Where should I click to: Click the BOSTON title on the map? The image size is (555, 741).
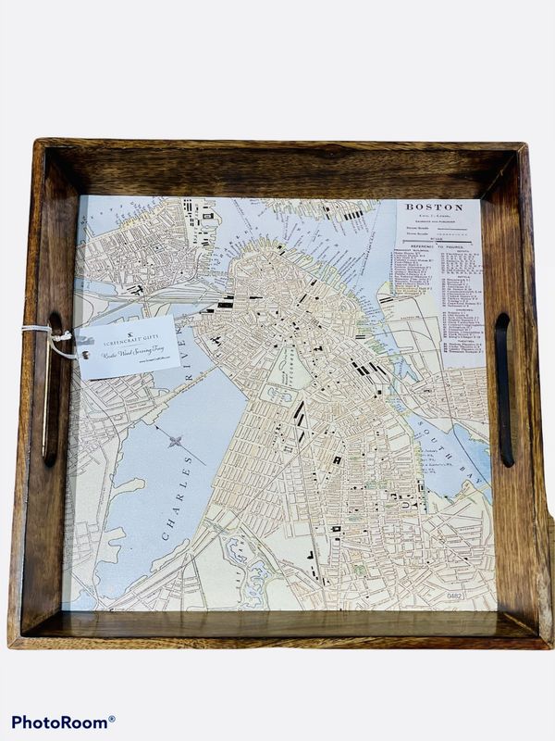[x=434, y=207]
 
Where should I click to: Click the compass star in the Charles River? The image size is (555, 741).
[x=177, y=442]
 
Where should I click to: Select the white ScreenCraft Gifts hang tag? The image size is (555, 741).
[x=127, y=346]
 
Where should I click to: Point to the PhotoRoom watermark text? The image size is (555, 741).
[x=59, y=721]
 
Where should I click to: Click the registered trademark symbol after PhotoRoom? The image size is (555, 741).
[x=112, y=718]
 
